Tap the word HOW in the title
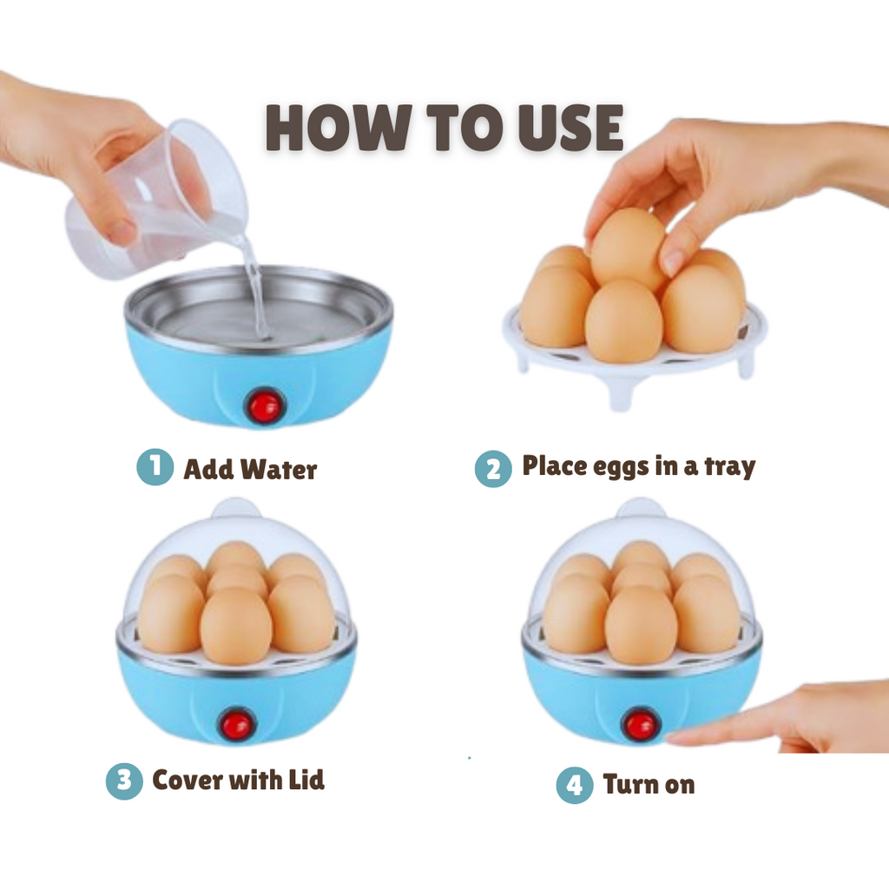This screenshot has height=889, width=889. [x=339, y=128]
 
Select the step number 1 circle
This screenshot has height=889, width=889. [x=155, y=466]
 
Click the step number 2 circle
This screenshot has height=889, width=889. [x=493, y=468]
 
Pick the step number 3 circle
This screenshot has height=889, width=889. [x=124, y=780]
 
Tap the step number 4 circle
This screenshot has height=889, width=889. [x=575, y=785]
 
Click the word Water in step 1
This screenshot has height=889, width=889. [x=279, y=470]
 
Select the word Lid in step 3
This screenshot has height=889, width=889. [x=306, y=780]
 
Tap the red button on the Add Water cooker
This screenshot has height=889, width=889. [x=265, y=406]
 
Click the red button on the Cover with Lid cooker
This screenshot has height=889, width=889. [x=237, y=725]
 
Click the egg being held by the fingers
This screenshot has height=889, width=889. [x=629, y=248]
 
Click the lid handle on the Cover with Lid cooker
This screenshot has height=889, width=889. [x=236, y=508]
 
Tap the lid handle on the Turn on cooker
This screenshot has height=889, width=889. [x=641, y=508]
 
